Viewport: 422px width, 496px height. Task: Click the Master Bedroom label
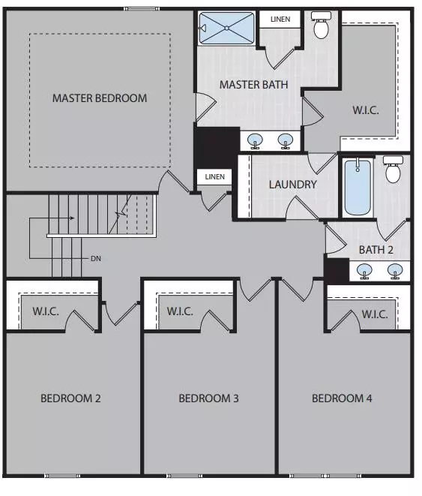click(100, 98)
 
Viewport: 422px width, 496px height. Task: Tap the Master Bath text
click(253, 85)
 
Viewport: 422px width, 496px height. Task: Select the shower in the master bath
click(226, 29)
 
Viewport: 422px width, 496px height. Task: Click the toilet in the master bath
click(322, 25)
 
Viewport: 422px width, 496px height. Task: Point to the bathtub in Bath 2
click(358, 187)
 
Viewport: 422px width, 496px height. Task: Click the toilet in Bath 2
click(393, 169)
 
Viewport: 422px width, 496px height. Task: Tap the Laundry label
click(292, 185)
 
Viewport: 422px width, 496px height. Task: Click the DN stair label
click(96, 259)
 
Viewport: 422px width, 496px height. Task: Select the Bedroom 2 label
click(70, 398)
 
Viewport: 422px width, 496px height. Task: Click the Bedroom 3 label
click(208, 398)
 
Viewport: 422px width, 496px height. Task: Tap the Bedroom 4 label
click(342, 398)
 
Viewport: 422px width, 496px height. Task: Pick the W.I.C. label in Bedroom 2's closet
click(46, 311)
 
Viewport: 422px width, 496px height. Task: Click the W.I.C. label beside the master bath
click(366, 110)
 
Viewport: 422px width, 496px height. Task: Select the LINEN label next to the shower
click(280, 20)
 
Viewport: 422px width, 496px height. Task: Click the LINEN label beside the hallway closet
click(215, 177)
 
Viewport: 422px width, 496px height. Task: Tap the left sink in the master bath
click(255, 141)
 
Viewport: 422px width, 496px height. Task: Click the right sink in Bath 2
click(395, 272)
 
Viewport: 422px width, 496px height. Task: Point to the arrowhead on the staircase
click(73, 218)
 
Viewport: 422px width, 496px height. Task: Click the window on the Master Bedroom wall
click(141, 9)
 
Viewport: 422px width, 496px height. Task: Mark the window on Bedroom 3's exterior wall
click(184, 476)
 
